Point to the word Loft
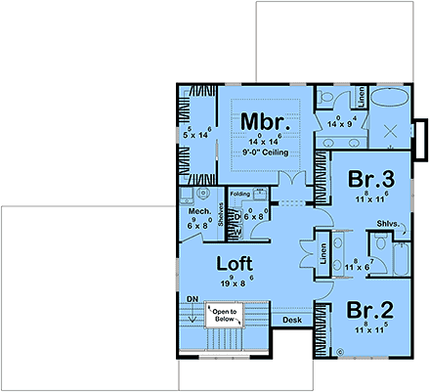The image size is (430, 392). [x=234, y=263]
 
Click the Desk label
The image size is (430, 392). [x=291, y=320]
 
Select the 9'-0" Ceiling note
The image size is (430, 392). [x=261, y=153]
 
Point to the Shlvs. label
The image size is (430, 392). [x=387, y=225]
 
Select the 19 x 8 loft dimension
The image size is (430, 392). [x=234, y=283]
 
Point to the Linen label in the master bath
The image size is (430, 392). [x=362, y=98]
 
